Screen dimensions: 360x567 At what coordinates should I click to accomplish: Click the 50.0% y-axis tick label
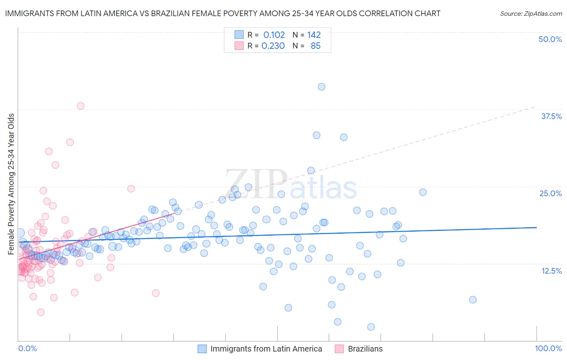(550, 39)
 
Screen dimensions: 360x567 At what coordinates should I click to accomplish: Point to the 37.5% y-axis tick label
(551, 116)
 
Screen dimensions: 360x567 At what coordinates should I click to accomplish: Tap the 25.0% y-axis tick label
(550, 193)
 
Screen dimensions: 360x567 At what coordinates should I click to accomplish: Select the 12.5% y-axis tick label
(551, 271)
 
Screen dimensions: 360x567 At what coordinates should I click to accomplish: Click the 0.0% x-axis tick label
(27, 348)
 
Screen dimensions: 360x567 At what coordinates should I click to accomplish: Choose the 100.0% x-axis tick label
(548, 348)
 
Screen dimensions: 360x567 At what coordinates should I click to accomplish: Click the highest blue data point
(321, 87)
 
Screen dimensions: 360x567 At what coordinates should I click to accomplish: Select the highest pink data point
(81, 106)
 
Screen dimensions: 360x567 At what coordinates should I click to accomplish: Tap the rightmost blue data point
(473, 299)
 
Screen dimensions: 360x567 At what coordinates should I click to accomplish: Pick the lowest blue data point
(371, 327)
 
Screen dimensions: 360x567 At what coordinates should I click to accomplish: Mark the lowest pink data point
(41, 312)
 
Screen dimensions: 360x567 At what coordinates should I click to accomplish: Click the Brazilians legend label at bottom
(365, 349)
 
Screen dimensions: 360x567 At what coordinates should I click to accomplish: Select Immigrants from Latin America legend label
(266, 349)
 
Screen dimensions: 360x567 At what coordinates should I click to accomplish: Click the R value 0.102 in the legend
(274, 35)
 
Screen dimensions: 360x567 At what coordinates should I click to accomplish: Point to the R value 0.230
(273, 46)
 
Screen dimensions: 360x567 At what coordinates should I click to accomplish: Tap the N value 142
(314, 35)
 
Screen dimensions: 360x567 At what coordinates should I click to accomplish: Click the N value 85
(315, 46)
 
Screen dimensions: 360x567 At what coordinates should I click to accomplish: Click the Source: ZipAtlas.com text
(531, 14)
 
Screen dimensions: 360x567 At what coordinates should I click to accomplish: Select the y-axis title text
(11, 184)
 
